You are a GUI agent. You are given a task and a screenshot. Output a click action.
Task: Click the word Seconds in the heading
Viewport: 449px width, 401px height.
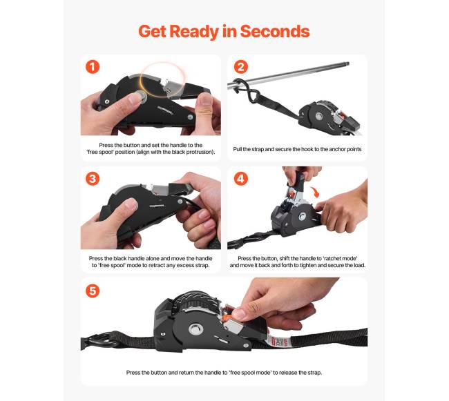pos(275,32)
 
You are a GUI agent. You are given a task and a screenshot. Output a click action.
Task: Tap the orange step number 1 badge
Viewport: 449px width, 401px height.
pos(93,67)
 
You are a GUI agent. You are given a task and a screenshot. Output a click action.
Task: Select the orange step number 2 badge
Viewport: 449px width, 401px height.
pos(241,67)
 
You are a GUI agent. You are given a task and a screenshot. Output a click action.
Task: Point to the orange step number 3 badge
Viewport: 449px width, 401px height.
pos(93,179)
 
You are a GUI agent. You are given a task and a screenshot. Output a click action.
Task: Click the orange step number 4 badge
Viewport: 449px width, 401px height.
pos(241,179)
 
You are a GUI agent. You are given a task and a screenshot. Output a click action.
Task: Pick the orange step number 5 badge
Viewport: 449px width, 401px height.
pos(93,291)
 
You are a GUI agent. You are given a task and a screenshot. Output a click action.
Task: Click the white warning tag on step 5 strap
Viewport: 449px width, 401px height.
pos(276,342)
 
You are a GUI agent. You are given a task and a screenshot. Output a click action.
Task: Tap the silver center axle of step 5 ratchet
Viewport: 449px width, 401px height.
pos(196,329)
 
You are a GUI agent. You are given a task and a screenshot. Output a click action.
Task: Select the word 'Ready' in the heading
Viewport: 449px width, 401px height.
pos(194,32)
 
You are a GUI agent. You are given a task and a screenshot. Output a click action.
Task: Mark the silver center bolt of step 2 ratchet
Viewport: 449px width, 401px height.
pos(318,117)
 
